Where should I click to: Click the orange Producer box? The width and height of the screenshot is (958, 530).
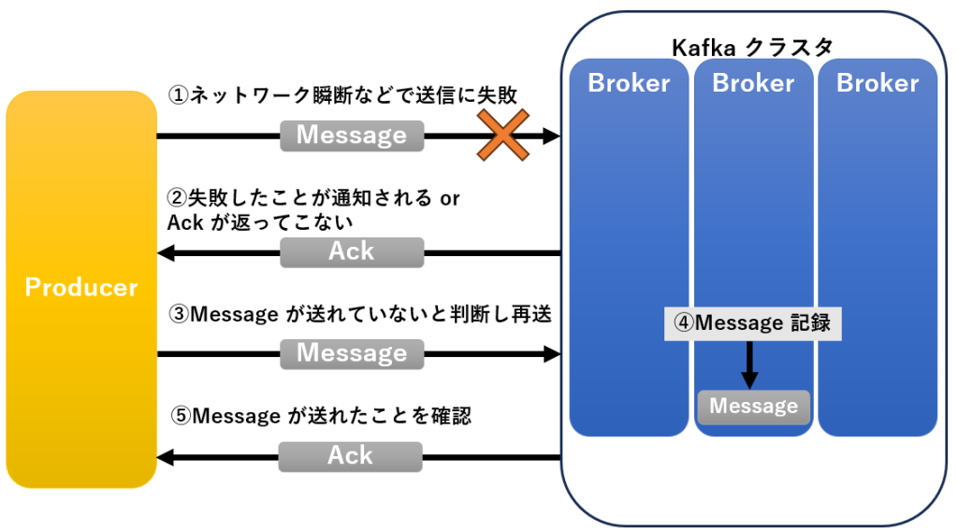80,288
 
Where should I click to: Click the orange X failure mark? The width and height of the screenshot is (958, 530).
502,136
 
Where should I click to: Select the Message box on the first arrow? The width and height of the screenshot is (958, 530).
352,136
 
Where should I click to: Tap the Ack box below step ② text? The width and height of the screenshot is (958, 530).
352,252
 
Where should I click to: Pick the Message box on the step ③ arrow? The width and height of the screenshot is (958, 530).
352,354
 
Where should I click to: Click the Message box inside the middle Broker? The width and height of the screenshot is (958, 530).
753,407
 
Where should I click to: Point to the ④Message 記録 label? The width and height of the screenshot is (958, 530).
753,323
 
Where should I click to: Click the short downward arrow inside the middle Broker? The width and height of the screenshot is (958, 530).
749,365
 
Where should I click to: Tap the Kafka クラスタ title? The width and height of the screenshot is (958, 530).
752,47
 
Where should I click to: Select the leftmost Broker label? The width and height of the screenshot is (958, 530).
629,83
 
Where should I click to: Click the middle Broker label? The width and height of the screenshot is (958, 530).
753,83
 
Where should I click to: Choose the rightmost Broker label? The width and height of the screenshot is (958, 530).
878,83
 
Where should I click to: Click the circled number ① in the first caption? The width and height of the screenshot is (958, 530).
178,95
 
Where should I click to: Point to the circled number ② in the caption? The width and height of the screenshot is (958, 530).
177,198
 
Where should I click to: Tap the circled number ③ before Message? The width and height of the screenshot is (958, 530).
178,315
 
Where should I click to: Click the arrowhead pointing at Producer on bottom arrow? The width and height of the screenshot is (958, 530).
166,457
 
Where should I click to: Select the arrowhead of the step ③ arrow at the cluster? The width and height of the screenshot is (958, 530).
552,354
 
